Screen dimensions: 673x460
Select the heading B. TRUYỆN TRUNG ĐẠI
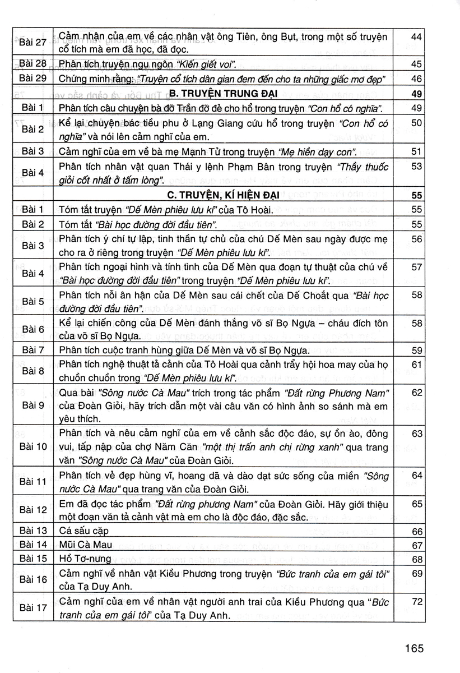coord(223,94)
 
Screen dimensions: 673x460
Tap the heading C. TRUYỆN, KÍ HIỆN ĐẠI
coord(223,196)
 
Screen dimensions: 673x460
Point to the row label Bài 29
coord(32,79)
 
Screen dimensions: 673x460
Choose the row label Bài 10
coord(32,447)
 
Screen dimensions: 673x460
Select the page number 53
coord(416,166)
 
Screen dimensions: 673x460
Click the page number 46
coord(416,79)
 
